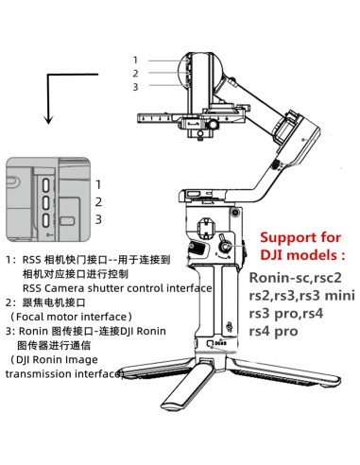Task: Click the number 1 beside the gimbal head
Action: [135, 60]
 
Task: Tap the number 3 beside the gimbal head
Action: [135, 87]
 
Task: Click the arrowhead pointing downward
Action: [48, 119]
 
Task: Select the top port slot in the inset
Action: [46, 185]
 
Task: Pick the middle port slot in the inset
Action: [46, 202]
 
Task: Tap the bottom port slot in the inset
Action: [46, 219]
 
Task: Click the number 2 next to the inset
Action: [98, 202]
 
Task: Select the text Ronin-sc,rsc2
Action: [296, 278]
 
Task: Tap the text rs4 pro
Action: [273, 331]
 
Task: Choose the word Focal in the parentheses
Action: [28, 317]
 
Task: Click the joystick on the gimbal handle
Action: [226, 246]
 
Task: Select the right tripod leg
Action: [283, 372]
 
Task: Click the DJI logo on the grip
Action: [231, 328]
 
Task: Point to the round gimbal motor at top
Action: [200, 70]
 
